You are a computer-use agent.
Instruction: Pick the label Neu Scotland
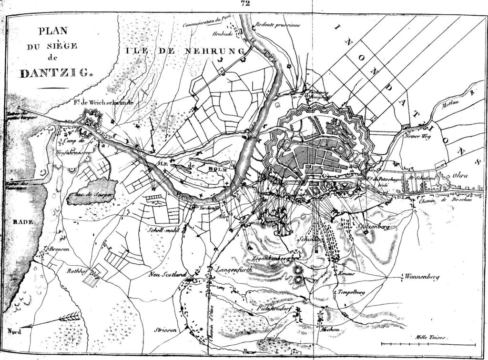click(x=166, y=274)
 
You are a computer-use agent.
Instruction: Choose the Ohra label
click(x=460, y=176)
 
